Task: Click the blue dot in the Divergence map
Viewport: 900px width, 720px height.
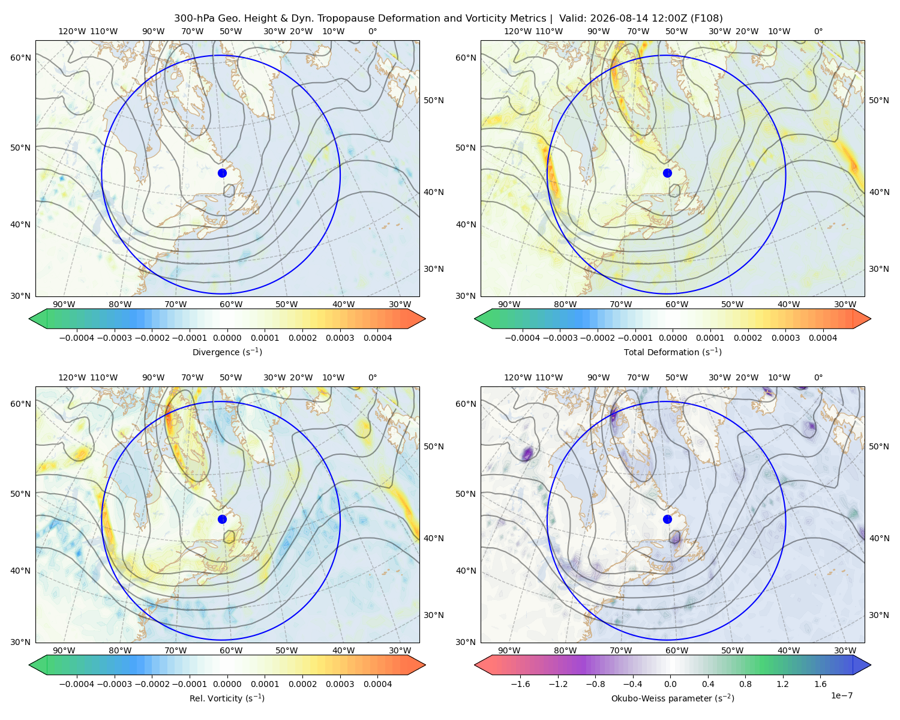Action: click(x=222, y=173)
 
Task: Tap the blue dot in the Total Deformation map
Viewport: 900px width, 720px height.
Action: click(x=667, y=173)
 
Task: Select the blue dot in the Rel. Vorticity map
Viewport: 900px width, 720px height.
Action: click(x=222, y=519)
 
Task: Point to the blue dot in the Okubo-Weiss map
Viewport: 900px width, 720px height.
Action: click(x=667, y=519)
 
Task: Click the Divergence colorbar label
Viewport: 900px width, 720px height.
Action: click(x=227, y=352)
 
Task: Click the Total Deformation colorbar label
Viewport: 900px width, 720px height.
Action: click(x=673, y=352)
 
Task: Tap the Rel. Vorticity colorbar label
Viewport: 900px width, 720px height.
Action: click(x=227, y=698)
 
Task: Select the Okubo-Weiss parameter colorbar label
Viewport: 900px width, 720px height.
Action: click(x=673, y=698)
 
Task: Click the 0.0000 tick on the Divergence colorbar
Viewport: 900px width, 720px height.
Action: click(x=227, y=338)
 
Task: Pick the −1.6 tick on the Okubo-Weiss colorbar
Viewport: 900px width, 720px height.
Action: click(x=520, y=684)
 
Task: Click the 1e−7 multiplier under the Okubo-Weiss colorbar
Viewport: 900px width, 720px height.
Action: click(x=841, y=695)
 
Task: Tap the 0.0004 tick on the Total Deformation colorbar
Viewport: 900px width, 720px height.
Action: click(x=823, y=338)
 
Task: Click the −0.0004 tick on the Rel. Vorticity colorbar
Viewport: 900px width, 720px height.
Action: click(x=77, y=684)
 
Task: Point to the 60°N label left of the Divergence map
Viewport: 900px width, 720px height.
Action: click(x=20, y=58)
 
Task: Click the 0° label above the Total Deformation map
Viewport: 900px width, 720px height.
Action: click(x=818, y=31)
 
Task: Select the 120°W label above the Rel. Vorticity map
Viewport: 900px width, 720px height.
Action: click(x=72, y=377)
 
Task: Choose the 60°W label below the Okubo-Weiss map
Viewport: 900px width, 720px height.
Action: click(x=677, y=650)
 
